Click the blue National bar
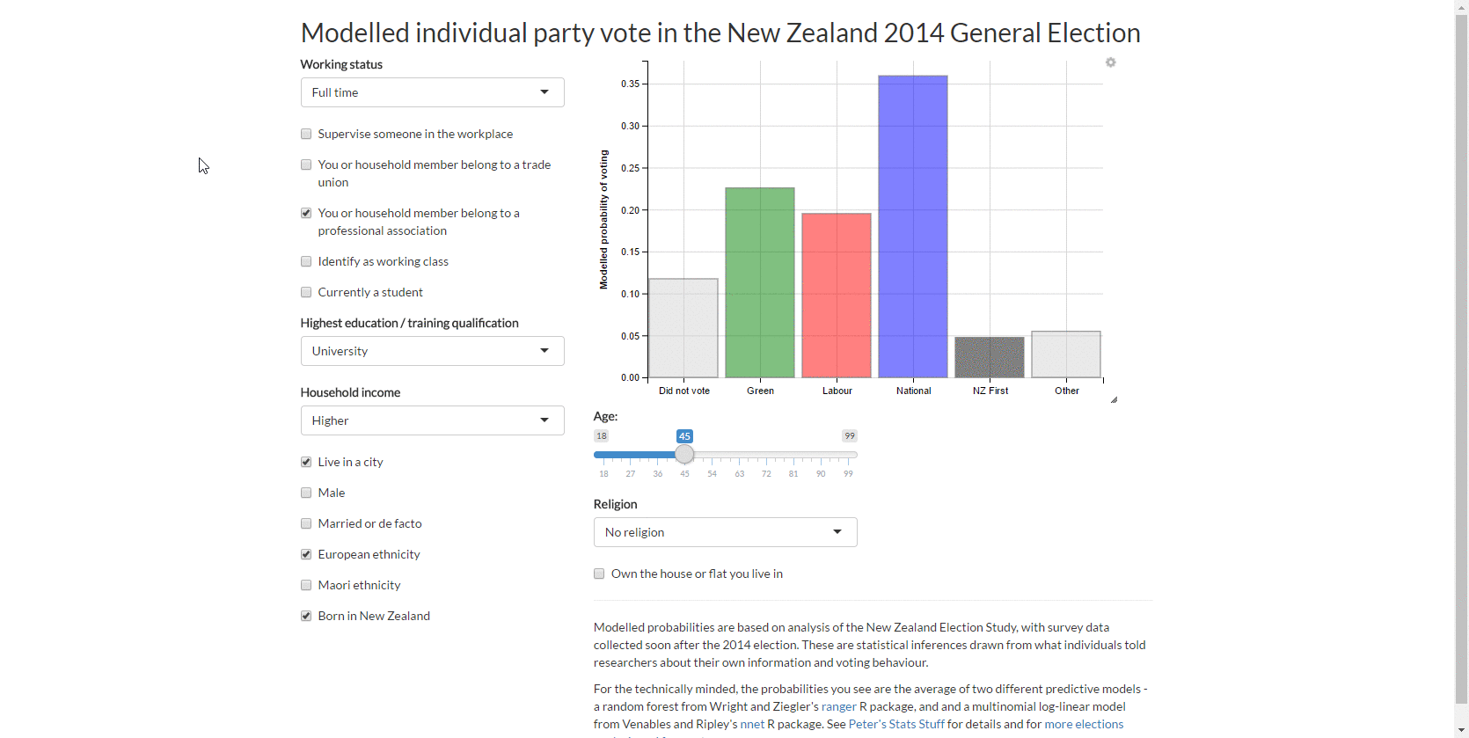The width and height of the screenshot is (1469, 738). (913, 226)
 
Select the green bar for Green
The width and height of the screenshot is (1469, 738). (760, 282)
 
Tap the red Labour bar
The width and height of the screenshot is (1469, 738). (837, 296)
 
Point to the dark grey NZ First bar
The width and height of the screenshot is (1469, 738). (990, 357)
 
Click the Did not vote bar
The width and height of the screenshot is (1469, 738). (683, 328)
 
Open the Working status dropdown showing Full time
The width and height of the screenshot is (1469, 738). (432, 92)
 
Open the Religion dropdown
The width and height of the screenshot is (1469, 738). (726, 532)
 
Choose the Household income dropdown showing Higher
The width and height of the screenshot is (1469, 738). (432, 420)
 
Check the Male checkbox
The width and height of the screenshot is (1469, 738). (306, 493)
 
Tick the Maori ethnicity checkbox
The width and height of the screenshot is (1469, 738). (306, 585)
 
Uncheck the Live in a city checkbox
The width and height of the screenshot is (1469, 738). (306, 462)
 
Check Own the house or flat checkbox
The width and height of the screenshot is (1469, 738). (599, 574)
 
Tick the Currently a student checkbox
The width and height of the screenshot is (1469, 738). (306, 293)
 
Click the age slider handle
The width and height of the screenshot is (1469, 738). (684, 454)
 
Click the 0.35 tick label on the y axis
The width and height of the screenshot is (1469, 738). (630, 84)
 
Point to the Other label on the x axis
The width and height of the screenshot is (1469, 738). (1067, 391)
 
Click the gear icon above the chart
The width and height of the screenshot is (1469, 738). (1110, 62)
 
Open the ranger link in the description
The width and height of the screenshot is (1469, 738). (839, 706)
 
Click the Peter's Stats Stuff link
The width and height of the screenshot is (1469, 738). (896, 724)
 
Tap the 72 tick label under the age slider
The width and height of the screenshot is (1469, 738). (766, 473)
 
